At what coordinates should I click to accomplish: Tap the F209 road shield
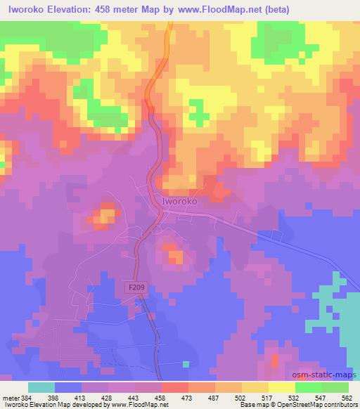point(139,287)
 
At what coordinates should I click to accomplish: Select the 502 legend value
point(240,398)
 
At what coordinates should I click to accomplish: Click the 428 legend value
point(106,398)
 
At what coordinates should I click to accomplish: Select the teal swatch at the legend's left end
point(41,387)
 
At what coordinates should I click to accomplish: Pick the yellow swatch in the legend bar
point(281,387)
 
